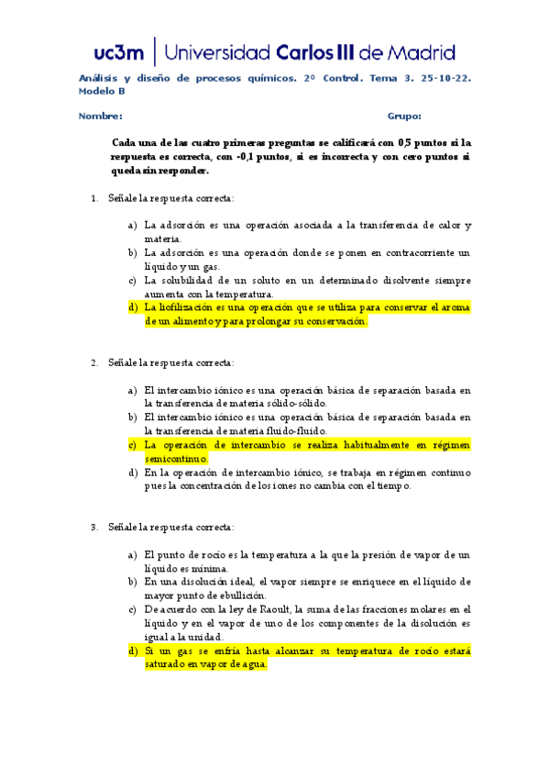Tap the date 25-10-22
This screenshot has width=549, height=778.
pos(444,79)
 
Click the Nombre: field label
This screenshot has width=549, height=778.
pos(100,117)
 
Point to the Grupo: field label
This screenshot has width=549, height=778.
pos(404,117)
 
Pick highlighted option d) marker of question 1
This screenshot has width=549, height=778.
pos(134,308)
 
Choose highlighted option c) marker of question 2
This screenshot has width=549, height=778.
pos(134,445)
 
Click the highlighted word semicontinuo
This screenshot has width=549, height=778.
pos(176,459)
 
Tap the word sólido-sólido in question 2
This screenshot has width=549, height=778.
pos(299,404)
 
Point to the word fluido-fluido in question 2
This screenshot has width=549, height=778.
pos(298,431)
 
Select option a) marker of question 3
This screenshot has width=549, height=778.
pos(134,554)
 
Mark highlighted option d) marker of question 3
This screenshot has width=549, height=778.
pos(134,650)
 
